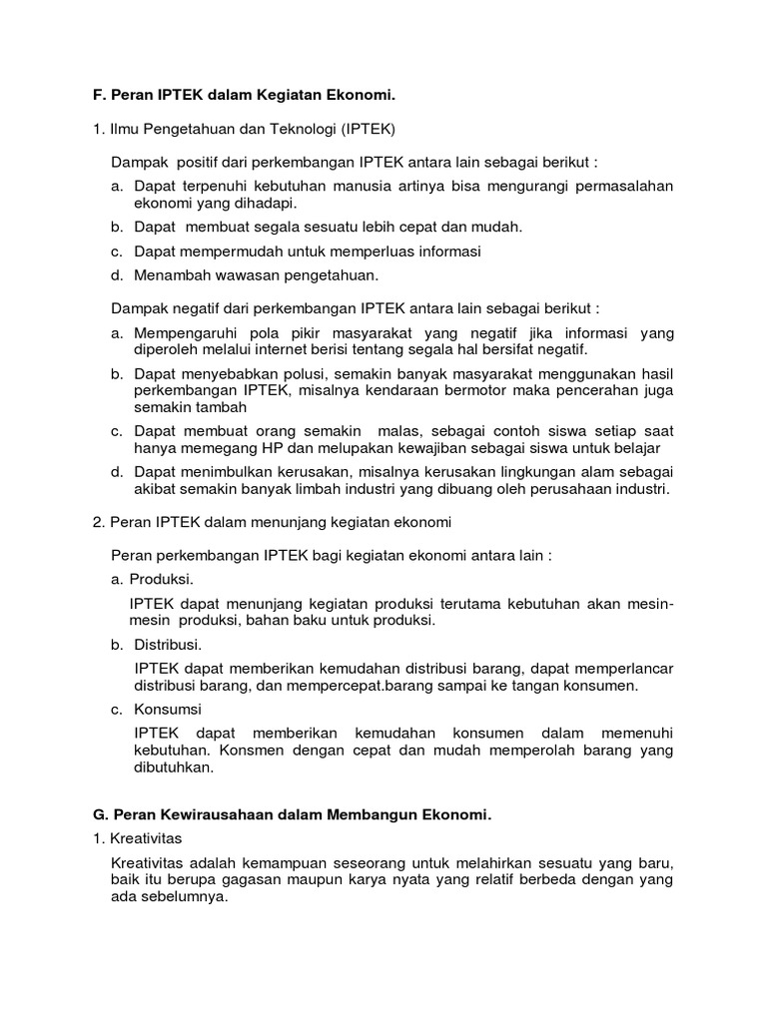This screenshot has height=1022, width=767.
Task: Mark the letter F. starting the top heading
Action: coord(98,95)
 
